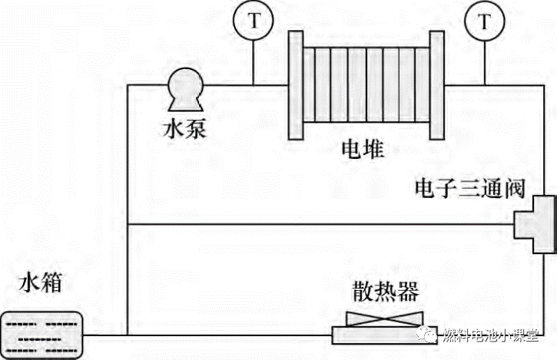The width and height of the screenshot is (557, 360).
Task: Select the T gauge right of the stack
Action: [483, 21]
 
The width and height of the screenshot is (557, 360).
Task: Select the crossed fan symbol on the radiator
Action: [384, 317]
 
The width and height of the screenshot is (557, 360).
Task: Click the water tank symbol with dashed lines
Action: [42, 334]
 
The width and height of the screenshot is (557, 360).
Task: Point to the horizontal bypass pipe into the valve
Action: [323, 225]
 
